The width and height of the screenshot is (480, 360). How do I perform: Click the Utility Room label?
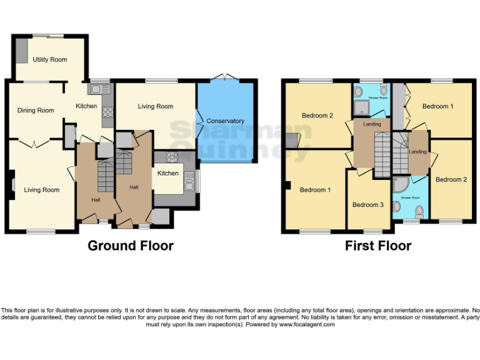coord(49,59)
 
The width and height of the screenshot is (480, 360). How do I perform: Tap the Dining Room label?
coord(36,111)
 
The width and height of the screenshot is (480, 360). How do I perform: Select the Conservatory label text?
coord(225,121)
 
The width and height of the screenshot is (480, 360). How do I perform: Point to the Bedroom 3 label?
coord(367,205)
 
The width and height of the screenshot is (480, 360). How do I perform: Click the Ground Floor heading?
coord(131,246)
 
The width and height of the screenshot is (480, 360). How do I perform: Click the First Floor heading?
coord(378,246)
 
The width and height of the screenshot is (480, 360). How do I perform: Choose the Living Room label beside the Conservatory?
coord(156,106)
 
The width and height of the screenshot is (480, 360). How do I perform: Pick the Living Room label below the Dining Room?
coord(42,190)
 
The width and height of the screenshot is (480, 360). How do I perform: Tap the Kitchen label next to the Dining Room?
coord(86,106)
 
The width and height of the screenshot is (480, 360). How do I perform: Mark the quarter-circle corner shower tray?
coord(399,185)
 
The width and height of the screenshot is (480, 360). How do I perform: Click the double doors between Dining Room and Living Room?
coord(32,143)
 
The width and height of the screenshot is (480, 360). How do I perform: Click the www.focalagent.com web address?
coord(307,324)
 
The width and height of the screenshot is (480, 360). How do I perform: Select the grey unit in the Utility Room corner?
coord(22,47)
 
